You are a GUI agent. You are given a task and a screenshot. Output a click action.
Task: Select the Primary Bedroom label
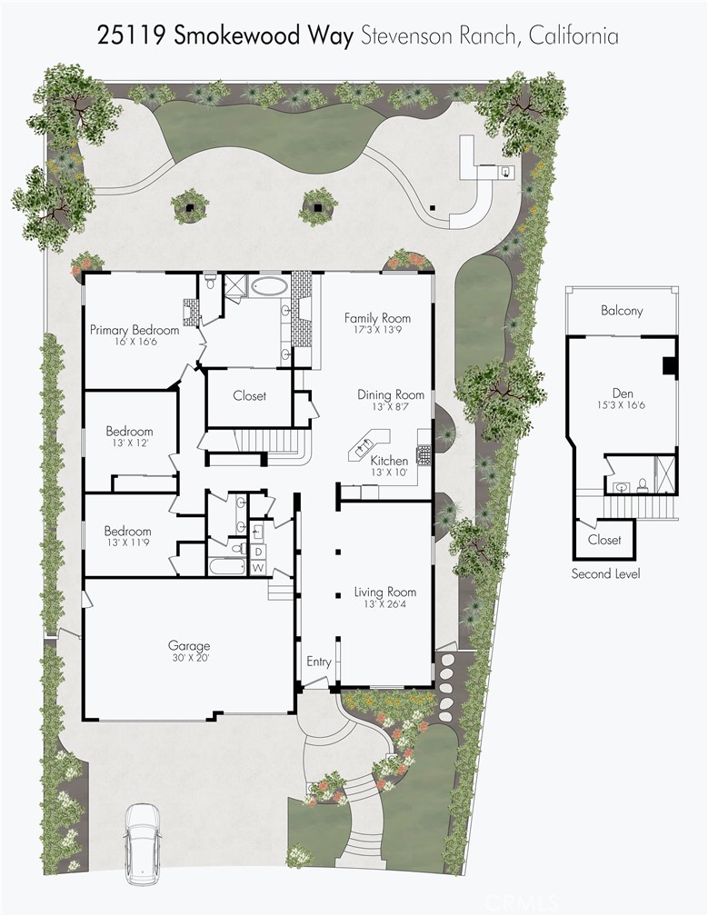point(134,330)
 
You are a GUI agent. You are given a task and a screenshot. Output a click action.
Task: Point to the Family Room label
point(377,318)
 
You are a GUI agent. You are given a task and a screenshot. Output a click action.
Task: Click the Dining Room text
point(391,394)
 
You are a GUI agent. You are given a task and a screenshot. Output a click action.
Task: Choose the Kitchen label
point(389,461)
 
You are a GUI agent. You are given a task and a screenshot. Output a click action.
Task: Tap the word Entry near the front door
point(319,662)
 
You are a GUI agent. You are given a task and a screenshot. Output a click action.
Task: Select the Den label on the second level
point(622,393)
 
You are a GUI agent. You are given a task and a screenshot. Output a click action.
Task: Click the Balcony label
point(622,310)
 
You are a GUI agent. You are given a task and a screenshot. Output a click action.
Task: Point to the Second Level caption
point(605,573)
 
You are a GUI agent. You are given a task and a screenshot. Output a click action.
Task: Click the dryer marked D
point(257,552)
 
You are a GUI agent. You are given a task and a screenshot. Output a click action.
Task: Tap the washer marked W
point(257,569)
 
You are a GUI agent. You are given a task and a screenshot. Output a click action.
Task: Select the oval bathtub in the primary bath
point(269,288)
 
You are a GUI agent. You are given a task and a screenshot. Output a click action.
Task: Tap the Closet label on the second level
point(604,540)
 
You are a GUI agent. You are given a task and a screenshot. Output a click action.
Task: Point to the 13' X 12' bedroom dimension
point(129,443)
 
